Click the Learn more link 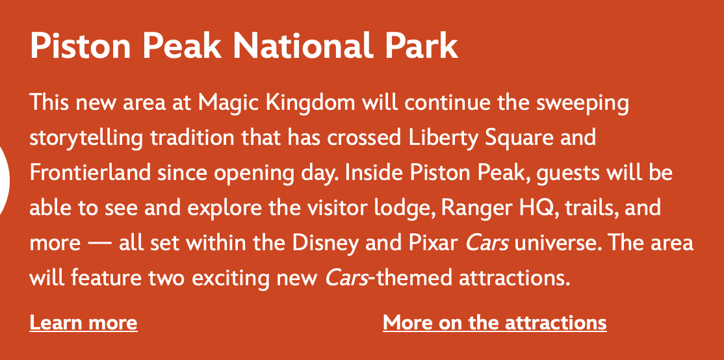[84, 322]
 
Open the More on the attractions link [495, 322]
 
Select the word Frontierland [90, 173]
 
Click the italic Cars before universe [487, 243]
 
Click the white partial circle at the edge [5, 181]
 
